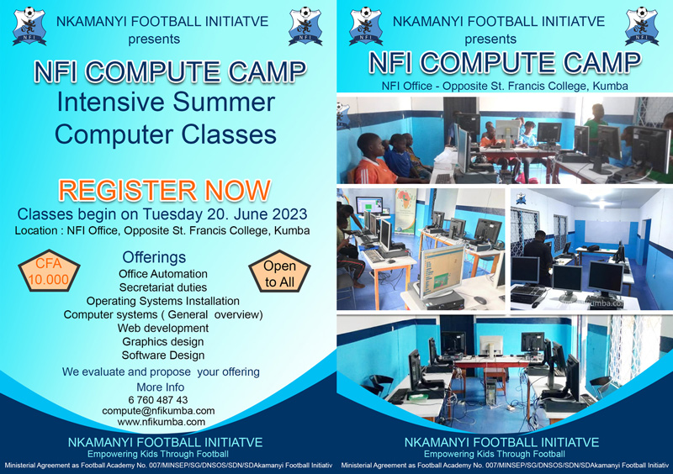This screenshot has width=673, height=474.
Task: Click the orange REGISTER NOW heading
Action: pyautogui.click(x=165, y=191)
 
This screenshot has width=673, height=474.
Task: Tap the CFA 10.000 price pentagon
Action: pyautogui.click(x=49, y=271)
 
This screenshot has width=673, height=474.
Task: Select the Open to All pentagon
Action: pyautogui.click(x=279, y=272)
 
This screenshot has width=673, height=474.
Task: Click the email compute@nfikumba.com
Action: pyautogui.click(x=158, y=410)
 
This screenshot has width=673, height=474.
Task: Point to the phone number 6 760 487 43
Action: pyautogui.click(x=158, y=400)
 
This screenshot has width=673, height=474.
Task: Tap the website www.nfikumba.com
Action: pyautogui.click(x=162, y=422)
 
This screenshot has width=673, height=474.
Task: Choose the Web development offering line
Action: pyautogui.click(x=163, y=328)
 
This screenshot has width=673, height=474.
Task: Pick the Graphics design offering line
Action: pyautogui.click(x=163, y=342)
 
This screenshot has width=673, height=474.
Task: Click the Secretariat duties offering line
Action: pyautogui.click(x=163, y=287)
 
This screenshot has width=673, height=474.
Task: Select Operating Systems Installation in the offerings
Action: pyautogui.click(x=163, y=301)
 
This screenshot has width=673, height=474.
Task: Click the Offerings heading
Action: pyautogui.click(x=154, y=257)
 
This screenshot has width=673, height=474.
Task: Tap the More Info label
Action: pyautogui.click(x=161, y=387)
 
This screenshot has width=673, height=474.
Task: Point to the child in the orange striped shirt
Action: pyautogui.click(x=373, y=161)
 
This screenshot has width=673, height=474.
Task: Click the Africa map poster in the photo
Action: pyautogui.click(x=405, y=211)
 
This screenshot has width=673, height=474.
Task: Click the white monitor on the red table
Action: pyautogui.click(x=491, y=346)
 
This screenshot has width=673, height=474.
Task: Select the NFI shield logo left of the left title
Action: pyautogui.click(x=29, y=26)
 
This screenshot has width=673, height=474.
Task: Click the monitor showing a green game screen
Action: pyautogui.click(x=442, y=271)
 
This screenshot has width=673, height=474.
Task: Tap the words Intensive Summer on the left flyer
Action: pyautogui.click(x=166, y=103)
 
